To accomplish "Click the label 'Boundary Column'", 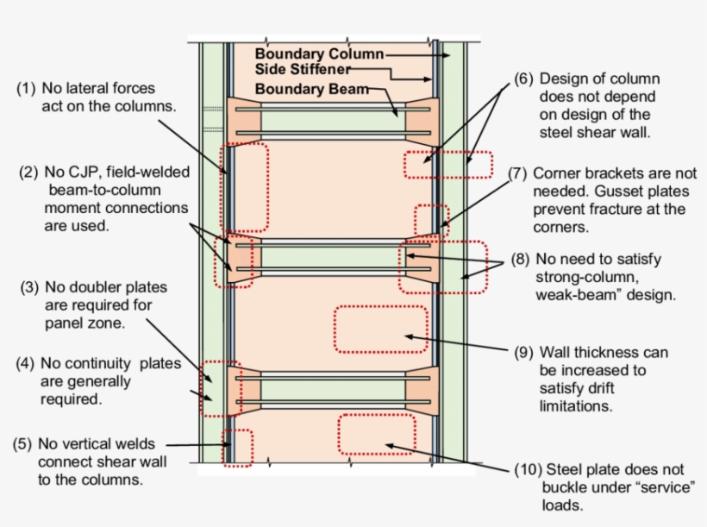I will [319, 53].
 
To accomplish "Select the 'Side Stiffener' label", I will [303, 69].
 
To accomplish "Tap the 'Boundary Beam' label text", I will [311, 89].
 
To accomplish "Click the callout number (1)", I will [28, 89].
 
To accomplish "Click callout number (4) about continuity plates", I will [27, 364].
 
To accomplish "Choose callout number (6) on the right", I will [524, 79].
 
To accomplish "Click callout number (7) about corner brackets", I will [518, 173].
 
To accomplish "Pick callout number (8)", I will [521, 258].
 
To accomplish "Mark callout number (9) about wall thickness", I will [524, 353].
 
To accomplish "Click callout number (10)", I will [528, 469].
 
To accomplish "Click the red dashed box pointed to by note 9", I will [380, 329].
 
